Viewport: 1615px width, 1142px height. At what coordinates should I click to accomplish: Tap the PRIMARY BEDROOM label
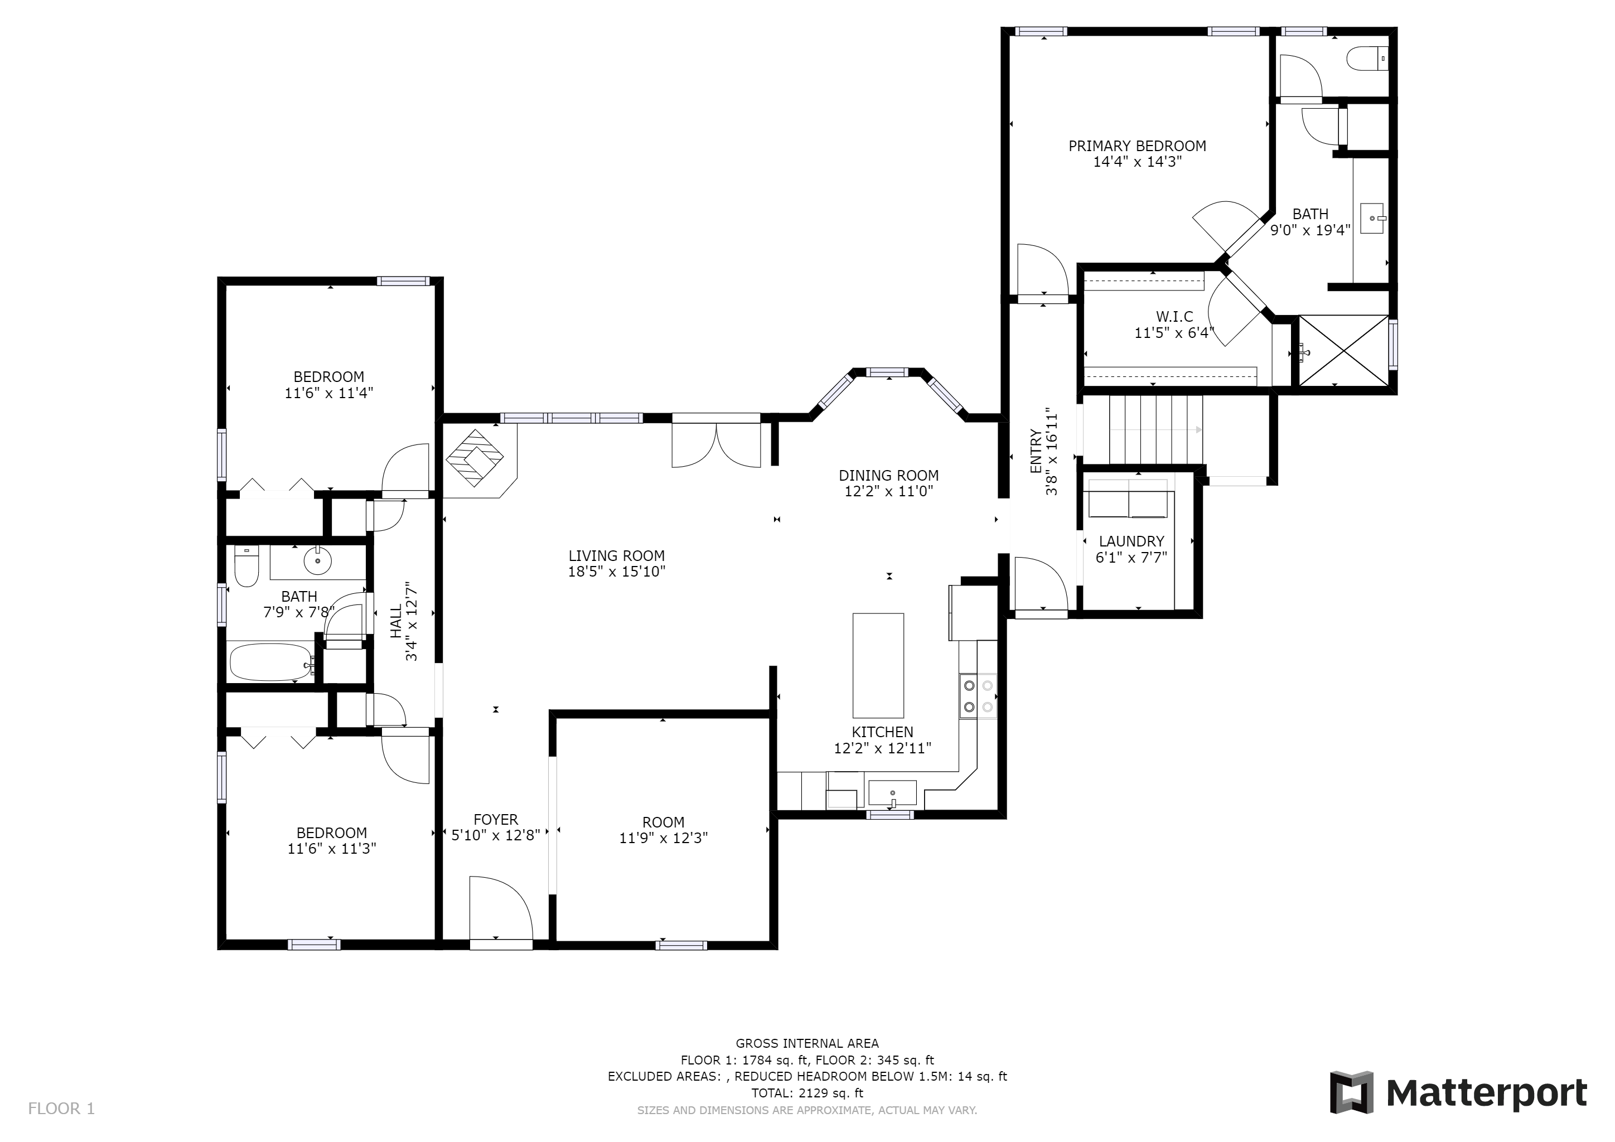click(x=1137, y=146)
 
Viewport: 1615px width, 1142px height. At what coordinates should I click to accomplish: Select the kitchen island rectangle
click(x=878, y=665)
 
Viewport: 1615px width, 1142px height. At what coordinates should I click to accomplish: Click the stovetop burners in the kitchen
click(x=978, y=695)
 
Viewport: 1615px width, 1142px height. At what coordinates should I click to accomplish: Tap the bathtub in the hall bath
click(x=271, y=662)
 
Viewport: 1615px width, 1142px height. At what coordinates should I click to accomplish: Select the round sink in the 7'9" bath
click(x=317, y=561)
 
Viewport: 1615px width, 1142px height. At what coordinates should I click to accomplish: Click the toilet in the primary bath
click(x=1367, y=59)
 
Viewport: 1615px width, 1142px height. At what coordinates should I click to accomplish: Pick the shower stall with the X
click(x=1343, y=350)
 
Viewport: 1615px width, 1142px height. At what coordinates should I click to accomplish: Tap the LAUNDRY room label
click(x=1131, y=541)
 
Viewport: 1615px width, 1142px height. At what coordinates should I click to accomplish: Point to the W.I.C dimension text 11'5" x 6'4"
click(x=1174, y=332)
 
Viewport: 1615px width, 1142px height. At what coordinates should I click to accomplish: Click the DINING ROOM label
click(x=888, y=475)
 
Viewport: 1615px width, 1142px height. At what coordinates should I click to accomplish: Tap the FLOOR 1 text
click(x=61, y=1109)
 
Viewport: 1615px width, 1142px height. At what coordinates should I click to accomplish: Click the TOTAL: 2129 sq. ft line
click(x=807, y=1093)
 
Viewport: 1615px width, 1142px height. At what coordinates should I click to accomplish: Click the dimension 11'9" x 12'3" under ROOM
click(x=663, y=838)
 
